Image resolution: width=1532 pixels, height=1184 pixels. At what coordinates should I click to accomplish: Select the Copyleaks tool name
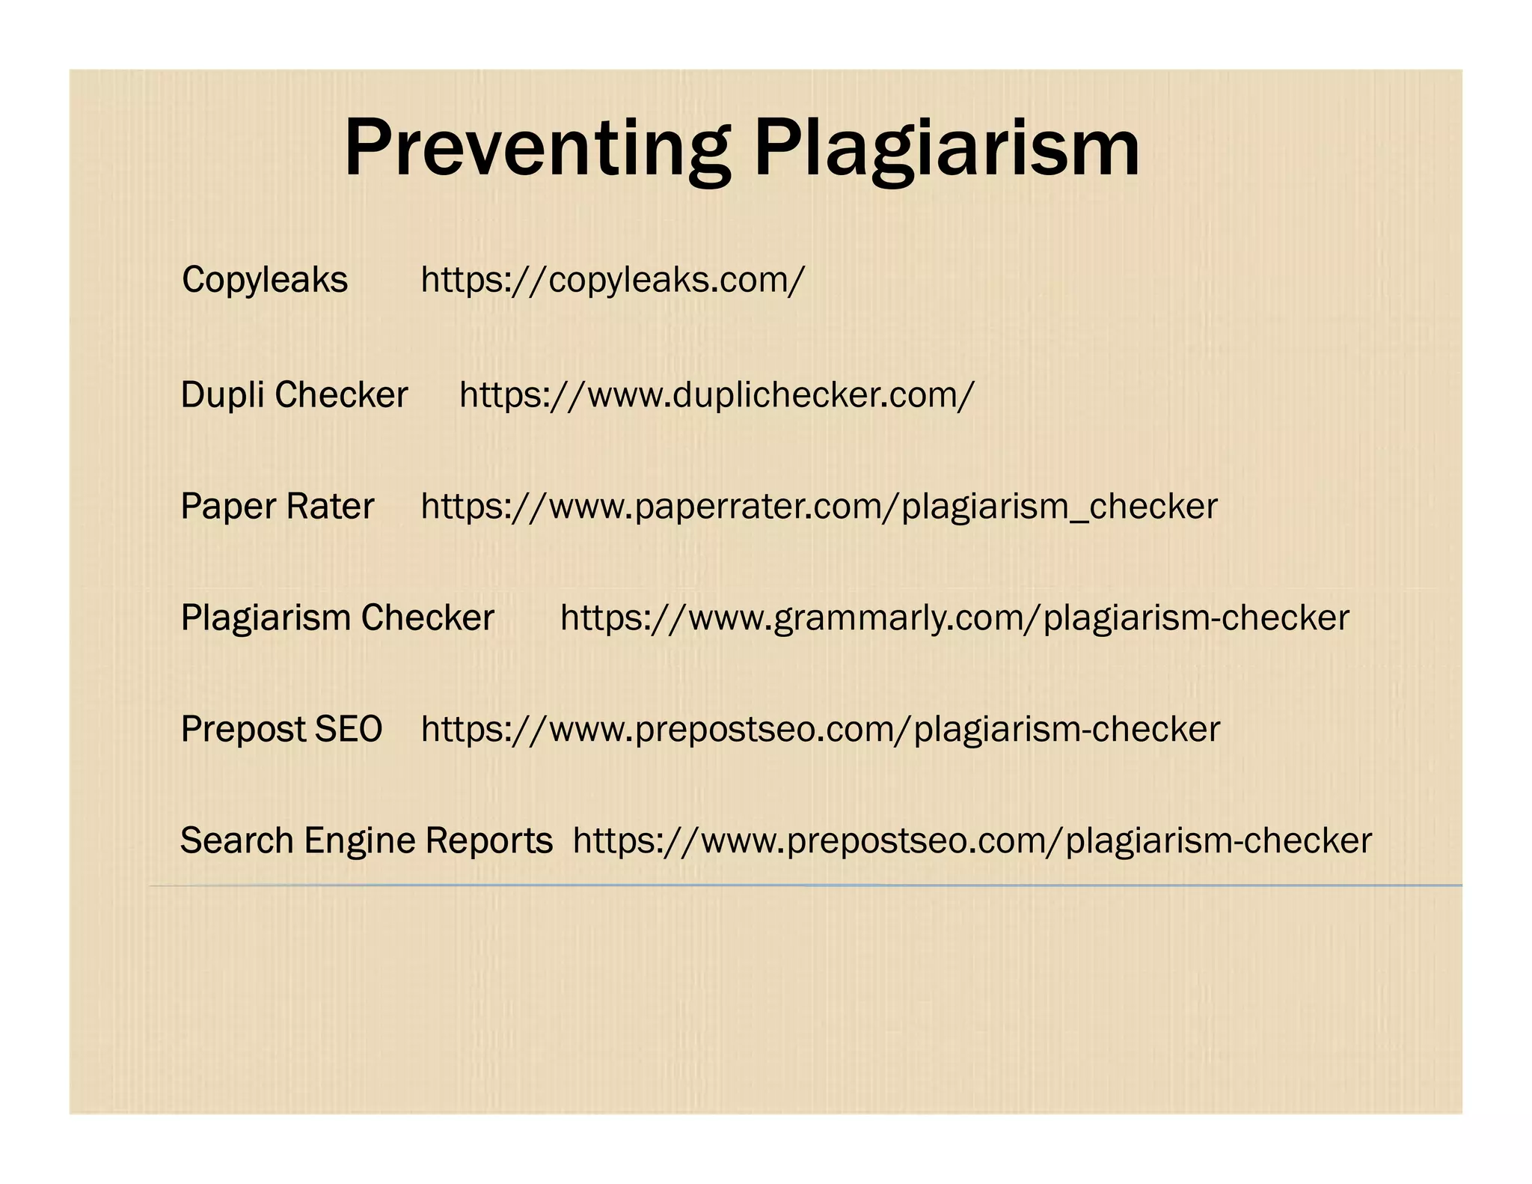tap(265, 280)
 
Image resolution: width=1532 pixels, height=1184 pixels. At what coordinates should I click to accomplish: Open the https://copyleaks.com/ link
tap(613, 280)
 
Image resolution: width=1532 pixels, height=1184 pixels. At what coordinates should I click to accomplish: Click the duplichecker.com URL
tap(717, 394)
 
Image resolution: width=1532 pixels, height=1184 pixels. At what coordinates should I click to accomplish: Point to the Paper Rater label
tap(277, 507)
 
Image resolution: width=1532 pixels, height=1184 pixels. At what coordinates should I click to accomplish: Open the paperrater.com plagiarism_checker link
tap(819, 507)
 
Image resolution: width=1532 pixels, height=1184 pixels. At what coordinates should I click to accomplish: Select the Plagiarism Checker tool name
tap(337, 618)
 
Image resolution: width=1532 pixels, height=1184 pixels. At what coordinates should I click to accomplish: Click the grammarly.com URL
tap(955, 618)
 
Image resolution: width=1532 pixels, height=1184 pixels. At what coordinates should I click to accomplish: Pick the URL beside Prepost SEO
tap(821, 729)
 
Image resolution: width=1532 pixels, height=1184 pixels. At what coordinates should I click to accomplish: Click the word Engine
tap(360, 840)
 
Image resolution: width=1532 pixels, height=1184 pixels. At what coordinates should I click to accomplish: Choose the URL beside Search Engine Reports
tap(972, 840)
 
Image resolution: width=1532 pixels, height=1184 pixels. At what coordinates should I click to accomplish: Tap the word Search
tap(237, 840)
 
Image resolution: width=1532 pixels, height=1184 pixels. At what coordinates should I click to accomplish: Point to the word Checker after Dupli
tap(341, 394)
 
